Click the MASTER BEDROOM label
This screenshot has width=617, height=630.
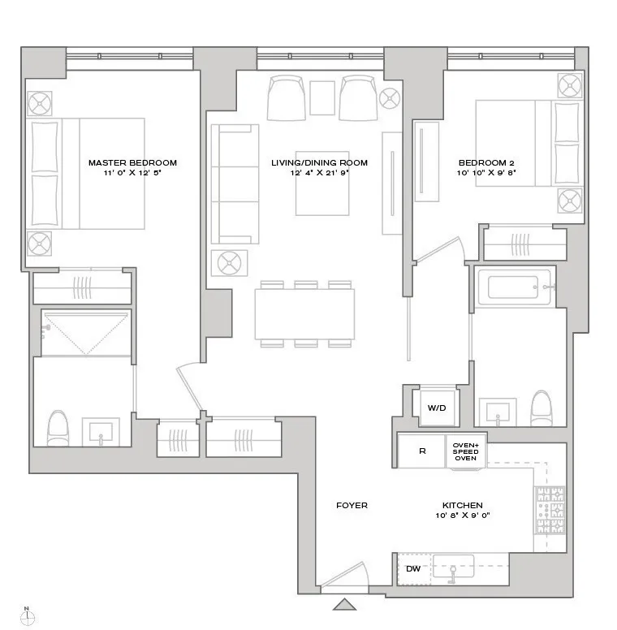coord(132,162)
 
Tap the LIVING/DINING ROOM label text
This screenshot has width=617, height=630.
coord(319,162)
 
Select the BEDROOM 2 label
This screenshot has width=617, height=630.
coord(486,162)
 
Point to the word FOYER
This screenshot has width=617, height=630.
coord(352,506)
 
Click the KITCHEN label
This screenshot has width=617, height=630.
coord(463,506)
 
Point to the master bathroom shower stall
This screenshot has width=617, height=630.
coord(84,332)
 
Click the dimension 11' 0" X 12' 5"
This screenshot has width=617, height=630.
coord(132,173)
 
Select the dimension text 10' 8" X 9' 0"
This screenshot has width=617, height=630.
coord(463,516)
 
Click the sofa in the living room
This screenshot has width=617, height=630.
coord(235,183)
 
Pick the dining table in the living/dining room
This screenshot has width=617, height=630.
coord(304,314)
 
